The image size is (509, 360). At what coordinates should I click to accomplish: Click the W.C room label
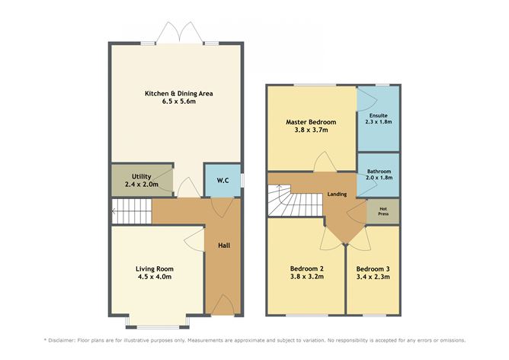222,180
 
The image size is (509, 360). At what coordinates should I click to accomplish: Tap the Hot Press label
383,211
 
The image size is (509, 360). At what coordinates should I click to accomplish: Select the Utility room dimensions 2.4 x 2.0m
142,185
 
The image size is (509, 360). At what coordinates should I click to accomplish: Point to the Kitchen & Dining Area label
179,94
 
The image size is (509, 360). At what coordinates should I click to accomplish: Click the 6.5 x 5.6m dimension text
179,101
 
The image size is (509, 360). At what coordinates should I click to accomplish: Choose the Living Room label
155,269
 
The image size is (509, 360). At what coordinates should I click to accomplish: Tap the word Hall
224,246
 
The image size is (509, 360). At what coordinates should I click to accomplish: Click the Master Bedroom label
311,122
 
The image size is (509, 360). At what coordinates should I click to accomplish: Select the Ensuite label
379,116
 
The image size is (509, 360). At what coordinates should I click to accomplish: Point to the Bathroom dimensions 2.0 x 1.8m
379,178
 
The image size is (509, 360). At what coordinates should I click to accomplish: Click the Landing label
337,194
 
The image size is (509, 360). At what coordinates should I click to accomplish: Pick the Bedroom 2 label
307,269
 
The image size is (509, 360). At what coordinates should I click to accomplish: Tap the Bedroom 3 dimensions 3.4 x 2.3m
373,277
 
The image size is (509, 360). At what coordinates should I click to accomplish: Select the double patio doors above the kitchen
180,32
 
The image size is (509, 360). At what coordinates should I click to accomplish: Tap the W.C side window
242,180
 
